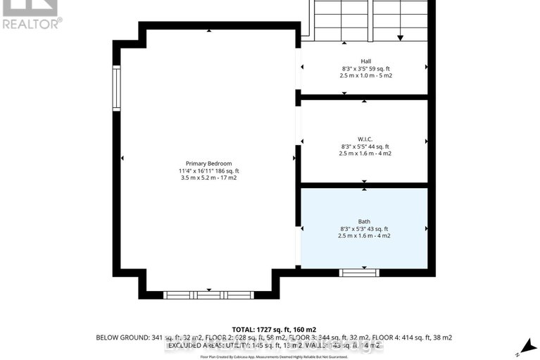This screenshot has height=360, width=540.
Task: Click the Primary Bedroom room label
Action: (209, 163)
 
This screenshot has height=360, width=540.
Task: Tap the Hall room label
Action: (365, 61)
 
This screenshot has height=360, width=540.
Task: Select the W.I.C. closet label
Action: (365, 138)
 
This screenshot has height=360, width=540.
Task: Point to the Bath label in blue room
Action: (365, 221)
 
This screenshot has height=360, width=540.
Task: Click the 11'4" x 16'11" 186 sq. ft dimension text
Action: (209, 171)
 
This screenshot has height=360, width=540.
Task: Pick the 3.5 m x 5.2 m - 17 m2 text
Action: (209, 178)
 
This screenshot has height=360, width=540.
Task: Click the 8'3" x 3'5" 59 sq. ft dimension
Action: (365, 69)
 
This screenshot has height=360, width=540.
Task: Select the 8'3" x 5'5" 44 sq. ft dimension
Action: (365, 146)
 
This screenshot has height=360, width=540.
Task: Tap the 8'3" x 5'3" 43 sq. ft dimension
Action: (365, 228)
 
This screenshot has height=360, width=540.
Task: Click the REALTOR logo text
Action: (31, 23)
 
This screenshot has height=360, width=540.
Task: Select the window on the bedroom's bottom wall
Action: (208, 295)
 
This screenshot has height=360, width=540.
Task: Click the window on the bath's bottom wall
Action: (359, 273)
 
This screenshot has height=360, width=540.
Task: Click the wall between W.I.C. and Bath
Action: (365, 185)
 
